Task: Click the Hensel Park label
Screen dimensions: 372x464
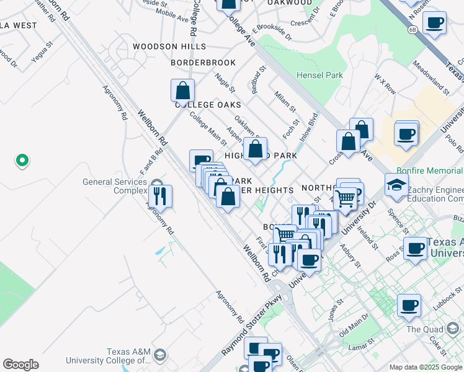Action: pos(319,76)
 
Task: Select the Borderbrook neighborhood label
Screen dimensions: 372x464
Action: pos(203,63)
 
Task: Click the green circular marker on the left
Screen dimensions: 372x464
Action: pos(22,161)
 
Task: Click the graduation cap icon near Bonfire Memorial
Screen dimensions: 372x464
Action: pos(396,185)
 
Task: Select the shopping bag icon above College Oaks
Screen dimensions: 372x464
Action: pos(183,91)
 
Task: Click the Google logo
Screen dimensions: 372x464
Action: pos(20,365)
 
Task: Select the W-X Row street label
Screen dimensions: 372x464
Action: pos(385,84)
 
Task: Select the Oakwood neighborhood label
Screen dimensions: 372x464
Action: pos(290,3)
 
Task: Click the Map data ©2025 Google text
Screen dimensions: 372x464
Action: pos(426,367)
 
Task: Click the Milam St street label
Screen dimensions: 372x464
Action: pos(283,99)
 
